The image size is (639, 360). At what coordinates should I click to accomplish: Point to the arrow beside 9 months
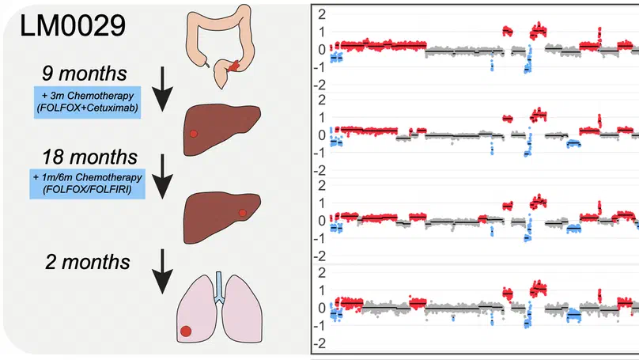[164, 89]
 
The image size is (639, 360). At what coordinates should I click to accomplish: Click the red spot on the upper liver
[193, 134]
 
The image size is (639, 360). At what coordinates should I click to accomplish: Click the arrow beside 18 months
[164, 176]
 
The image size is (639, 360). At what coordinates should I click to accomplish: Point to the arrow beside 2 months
[164, 269]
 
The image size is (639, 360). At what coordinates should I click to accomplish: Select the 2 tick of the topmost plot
[321, 14]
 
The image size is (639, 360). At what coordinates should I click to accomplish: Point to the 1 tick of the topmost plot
[321, 32]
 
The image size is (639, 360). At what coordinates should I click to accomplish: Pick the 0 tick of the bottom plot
[321, 308]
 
